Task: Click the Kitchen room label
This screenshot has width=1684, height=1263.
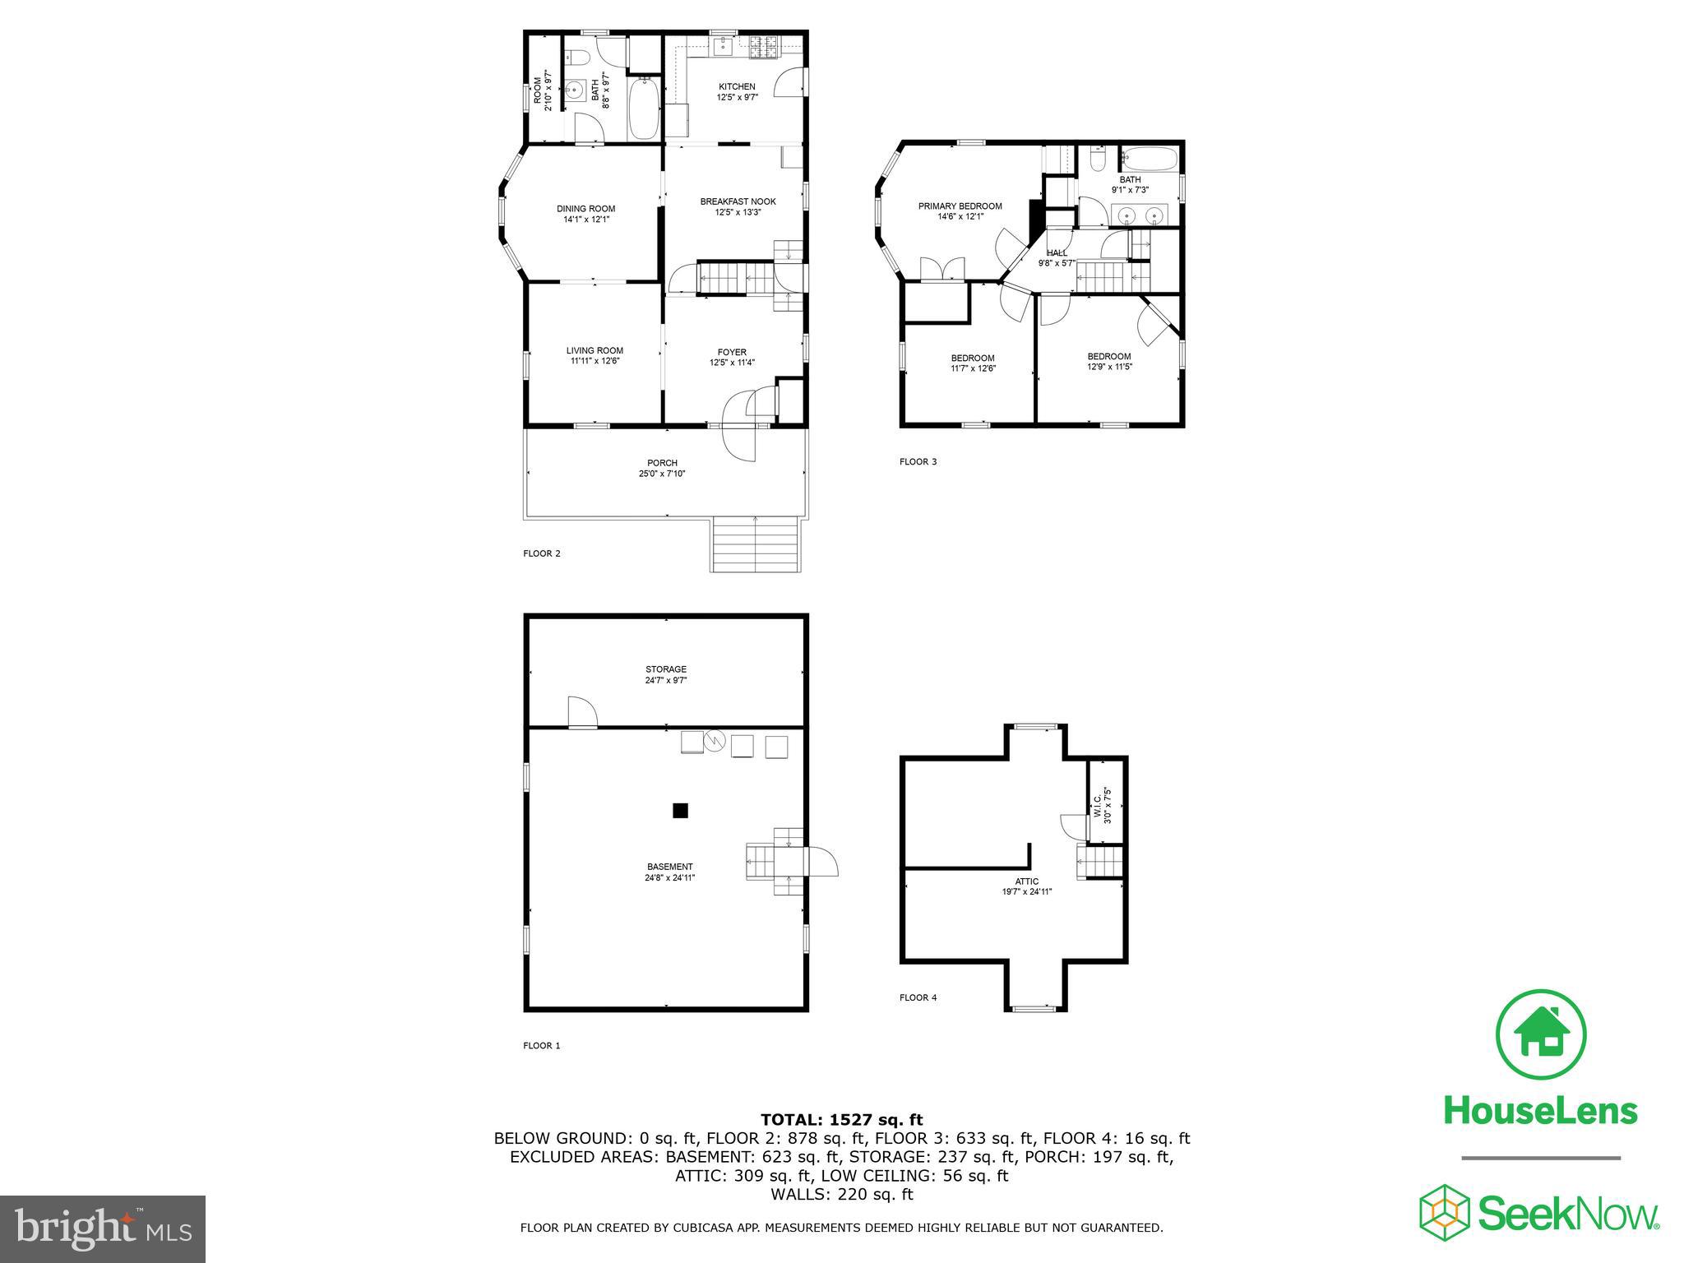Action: (737, 86)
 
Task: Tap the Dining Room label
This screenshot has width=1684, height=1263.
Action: (585, 209)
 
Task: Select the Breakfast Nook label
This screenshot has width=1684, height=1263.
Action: (738, 201)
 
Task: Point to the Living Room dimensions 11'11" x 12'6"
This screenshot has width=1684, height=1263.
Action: (594, 360)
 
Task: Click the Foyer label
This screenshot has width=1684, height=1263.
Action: (732, 353)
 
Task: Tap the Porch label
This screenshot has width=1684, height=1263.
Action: (662, 463)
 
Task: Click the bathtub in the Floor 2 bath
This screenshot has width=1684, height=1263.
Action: (643, 109)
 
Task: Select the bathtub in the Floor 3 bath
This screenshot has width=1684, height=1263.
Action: (1150, 158)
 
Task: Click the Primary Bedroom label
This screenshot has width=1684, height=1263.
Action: (960, 206)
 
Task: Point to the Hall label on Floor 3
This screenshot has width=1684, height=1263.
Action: (1057, 253)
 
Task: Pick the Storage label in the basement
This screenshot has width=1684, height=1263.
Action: (665, 669)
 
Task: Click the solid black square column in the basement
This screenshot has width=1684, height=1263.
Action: (680, 811)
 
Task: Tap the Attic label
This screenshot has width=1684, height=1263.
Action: (1027, 881)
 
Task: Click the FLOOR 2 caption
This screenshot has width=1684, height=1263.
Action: (542, 553)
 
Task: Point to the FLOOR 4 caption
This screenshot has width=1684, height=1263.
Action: (918, 997)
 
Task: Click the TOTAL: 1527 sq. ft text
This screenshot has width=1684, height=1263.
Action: (841, 1119)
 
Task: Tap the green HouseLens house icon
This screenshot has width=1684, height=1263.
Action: (1541, 1035)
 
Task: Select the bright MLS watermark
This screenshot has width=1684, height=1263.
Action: (103, 1228)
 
